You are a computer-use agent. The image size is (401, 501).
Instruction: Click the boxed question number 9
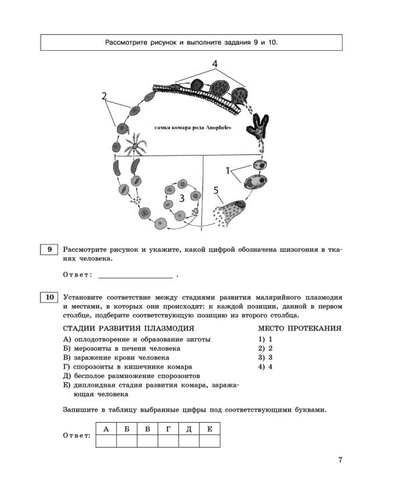(49, 250)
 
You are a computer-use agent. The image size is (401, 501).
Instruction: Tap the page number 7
(340, 460)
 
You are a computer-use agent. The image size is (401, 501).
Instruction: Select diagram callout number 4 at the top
(215, 63)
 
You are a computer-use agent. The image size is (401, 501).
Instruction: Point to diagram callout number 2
(105, 96)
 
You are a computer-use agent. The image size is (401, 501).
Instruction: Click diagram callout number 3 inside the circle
(181, 198)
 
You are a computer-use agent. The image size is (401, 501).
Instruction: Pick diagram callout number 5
(216, 191)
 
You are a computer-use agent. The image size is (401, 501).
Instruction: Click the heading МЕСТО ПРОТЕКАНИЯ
(299, 329)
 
